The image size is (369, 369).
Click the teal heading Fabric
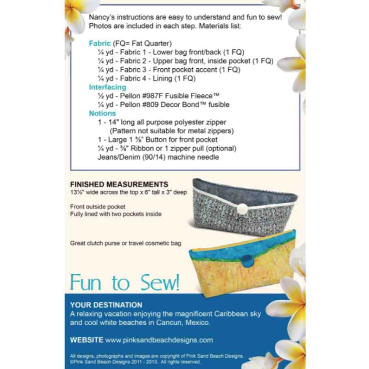(100, 43)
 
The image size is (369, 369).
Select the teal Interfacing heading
(107, 87)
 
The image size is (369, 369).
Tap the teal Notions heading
(102, 113)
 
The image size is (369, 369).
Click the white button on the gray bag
(243, 209)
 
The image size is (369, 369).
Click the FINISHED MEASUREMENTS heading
(119, 184)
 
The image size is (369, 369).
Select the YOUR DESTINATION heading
(106, 305)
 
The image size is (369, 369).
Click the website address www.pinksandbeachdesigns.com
(159, 340)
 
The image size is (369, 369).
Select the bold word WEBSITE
(86, 340)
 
